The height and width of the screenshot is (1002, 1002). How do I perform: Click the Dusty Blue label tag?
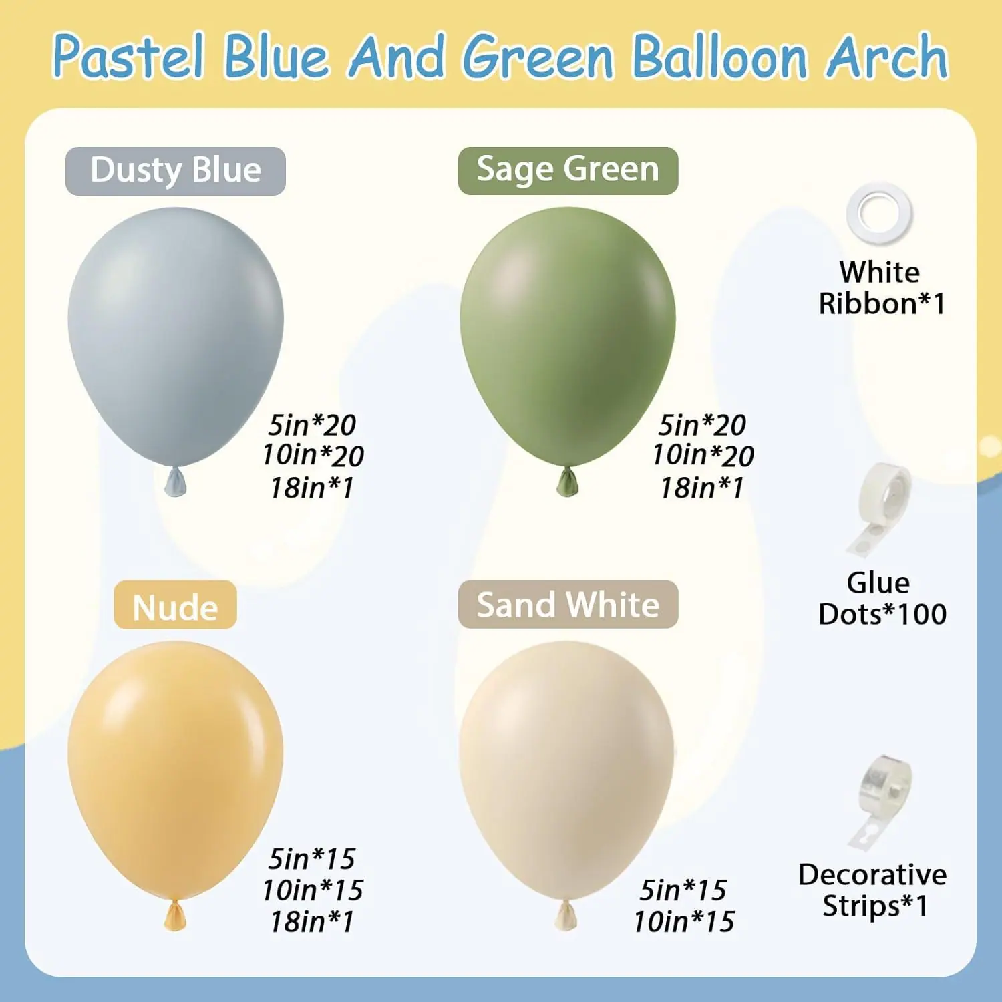tap(176, 171)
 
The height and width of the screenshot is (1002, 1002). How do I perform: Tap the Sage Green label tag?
tap(568, 170)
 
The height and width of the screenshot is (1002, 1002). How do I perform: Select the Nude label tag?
tap(175, 605)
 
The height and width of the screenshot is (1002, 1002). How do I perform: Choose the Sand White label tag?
tap(568, 605)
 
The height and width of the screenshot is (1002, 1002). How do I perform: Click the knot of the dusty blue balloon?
tap(176, 482)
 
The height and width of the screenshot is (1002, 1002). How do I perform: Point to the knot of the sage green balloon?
tap(568, 482)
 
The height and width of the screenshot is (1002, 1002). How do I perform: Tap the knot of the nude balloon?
tap(175, 915)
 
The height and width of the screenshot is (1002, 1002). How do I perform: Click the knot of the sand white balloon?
tap(566, 915)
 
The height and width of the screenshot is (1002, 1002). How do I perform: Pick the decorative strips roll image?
tap(880, 802)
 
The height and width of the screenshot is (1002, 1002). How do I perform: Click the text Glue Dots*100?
tap(882, 599)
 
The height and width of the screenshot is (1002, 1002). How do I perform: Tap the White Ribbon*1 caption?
tap(882, 288)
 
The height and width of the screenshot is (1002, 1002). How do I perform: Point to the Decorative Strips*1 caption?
tap(872, 890)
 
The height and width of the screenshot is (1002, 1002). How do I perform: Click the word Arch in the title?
tap(887, 57)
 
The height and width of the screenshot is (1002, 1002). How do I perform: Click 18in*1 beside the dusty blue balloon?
tap(312, 488)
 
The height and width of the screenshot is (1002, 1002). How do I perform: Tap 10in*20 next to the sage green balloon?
tap(703, 456)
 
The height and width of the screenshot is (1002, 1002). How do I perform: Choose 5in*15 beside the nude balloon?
tap(312, 859)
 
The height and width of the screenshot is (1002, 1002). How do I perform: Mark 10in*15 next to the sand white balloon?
tap(684, 922)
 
